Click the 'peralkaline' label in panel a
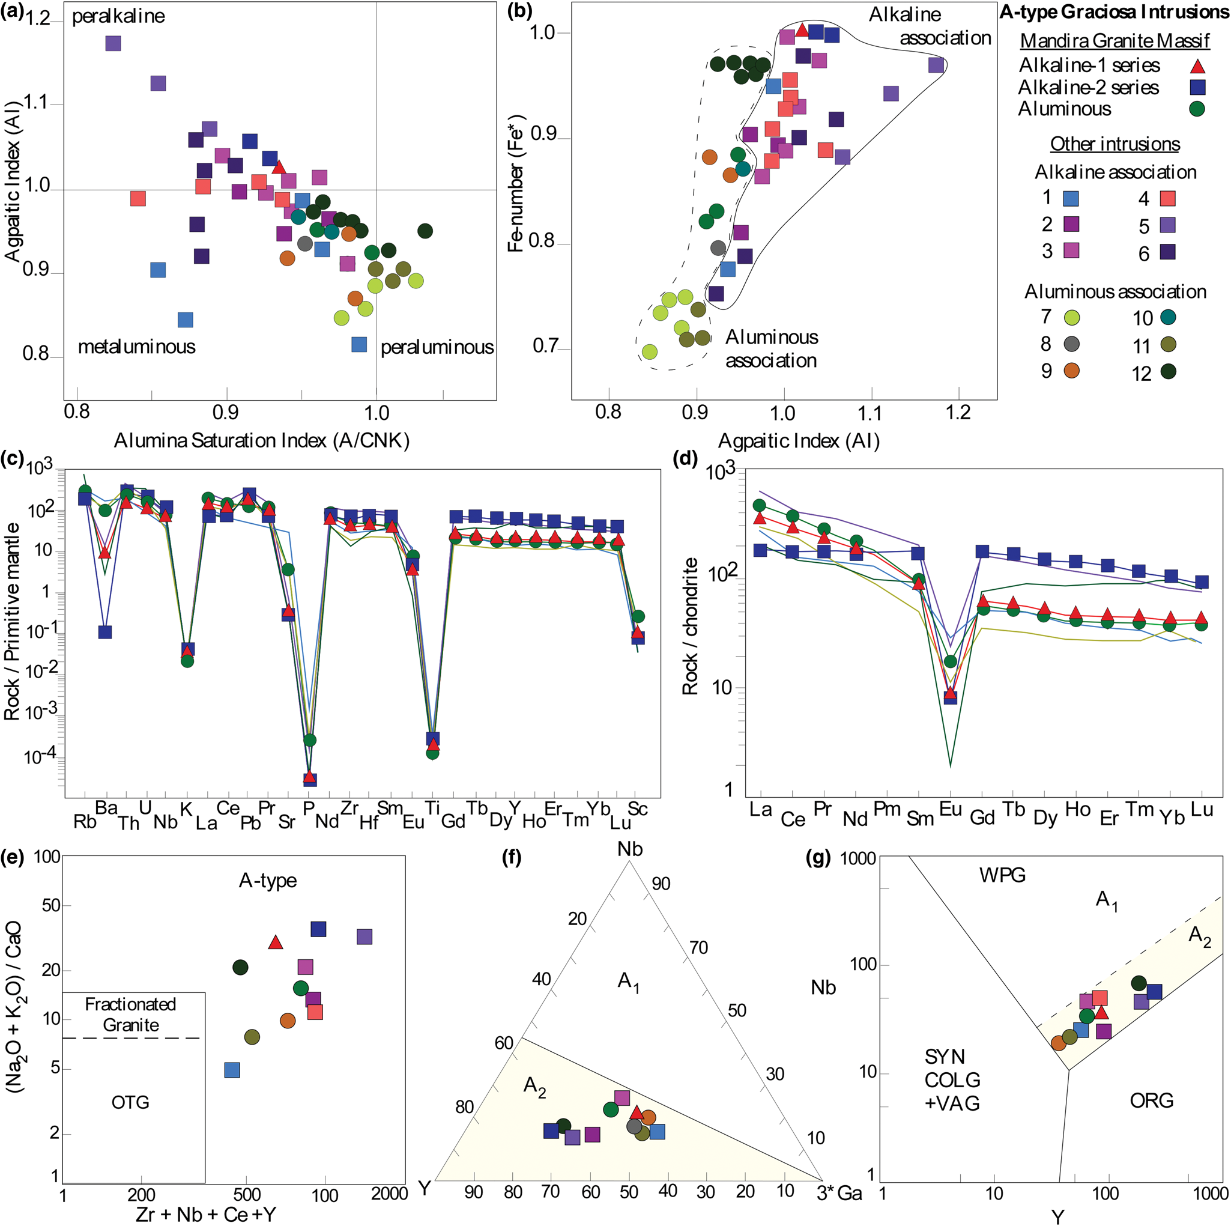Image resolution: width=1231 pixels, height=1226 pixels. [x=118, y=17]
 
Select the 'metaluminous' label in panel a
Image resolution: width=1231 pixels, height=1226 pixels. [x=136, y=347]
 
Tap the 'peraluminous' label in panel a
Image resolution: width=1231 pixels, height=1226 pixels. [x=437, y=348]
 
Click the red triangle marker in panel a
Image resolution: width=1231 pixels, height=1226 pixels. [x=279, y=168]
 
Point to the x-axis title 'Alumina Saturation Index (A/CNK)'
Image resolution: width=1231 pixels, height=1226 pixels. [x=261, y=440]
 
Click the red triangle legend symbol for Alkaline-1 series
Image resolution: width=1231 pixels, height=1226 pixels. [x=1198, y=66]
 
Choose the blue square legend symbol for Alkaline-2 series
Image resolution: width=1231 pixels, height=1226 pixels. [x=1198, y=87]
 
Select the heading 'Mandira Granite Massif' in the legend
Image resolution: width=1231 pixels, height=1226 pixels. [x=1115, y=41]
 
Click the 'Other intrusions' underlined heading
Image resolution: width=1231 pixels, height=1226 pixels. [x=1115, y=144]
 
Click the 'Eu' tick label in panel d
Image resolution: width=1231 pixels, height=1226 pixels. [x=950, y=809]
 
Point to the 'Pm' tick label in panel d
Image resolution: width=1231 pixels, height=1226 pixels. [x=886, y=809]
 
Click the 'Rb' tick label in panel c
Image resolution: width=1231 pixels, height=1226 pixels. [x=85, y=821]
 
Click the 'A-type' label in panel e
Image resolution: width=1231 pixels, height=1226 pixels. [x=268, y=881]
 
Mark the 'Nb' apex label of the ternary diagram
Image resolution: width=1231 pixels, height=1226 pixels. [x=629, y=849]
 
